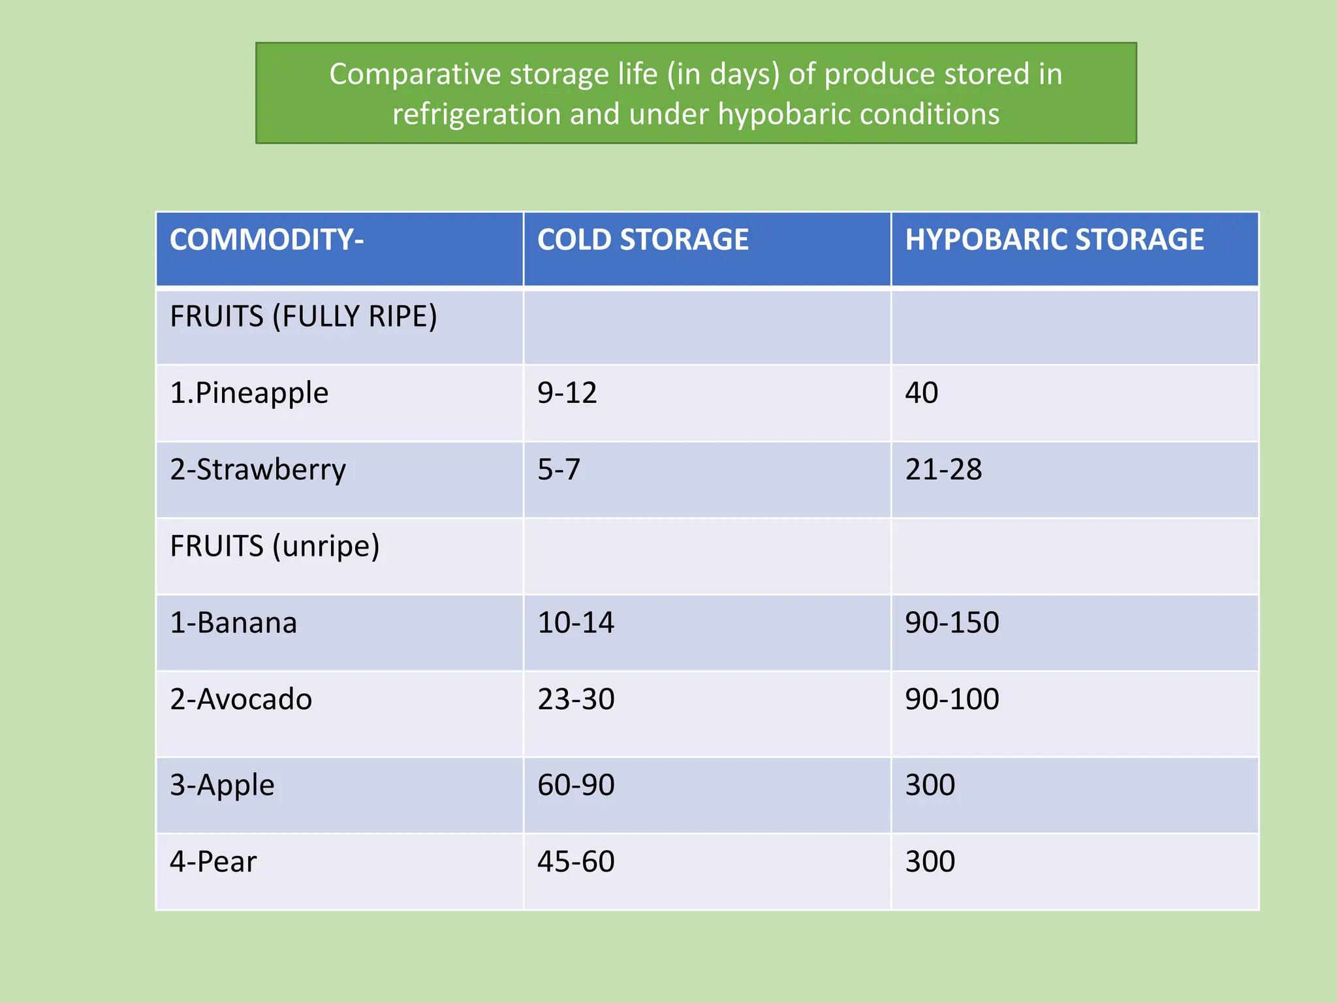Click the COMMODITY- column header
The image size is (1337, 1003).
tap(266, 240)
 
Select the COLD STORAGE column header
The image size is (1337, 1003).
tap(642, 240)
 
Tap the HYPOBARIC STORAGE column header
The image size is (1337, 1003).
tap(1054, 240)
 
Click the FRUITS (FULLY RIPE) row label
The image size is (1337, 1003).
tap(303, 317)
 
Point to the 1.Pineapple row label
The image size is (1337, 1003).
tap(249, 393)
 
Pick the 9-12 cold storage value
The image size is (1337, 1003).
tap(567, 393)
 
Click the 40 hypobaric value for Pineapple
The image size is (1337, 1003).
tap(921, 393)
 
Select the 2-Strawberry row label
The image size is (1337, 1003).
tap(258, 470)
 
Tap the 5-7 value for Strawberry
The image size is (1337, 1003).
tap(558, 470)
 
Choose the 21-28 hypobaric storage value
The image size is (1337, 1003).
tap(943, 470)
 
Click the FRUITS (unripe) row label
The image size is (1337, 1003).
tap(274, 546)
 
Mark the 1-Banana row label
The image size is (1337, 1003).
tap(233, 623)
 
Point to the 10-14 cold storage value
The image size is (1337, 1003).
tap(575, 623)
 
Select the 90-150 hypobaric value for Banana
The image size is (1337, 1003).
tap(951, 623)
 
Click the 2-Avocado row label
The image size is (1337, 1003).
tap(241, 699)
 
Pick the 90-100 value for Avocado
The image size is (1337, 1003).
tap(951, 699)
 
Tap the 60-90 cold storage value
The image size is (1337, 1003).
tap(575, 785)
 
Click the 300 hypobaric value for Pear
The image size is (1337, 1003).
tap(930, 862)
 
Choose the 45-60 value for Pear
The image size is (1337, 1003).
tap(575, 862)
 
